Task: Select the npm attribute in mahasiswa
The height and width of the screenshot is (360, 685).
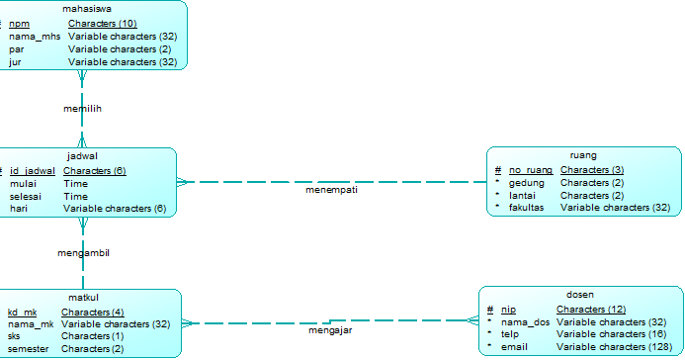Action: click(20, 23)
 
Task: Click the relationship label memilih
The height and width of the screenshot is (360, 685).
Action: click(83, 108)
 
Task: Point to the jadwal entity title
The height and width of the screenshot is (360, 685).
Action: click(82, 156)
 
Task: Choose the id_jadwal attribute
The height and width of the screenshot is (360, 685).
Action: click(32, 170)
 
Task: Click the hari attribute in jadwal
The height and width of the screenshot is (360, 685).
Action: click(18, 209)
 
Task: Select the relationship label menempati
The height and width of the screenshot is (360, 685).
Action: click(331, 189)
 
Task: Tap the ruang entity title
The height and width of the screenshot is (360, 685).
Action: click(583, 155)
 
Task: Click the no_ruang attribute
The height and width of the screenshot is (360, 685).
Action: click(531, 170)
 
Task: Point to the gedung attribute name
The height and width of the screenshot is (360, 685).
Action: click(526, 183)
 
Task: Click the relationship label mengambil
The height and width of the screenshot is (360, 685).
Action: click(83, 252)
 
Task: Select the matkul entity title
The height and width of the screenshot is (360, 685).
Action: click(83, 298)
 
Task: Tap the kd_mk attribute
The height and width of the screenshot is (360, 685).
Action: click(22, 313)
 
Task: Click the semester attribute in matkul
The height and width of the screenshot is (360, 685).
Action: click(28, 349)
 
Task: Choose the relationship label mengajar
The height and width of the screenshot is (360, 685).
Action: click(329, 330)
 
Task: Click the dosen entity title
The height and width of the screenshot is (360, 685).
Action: click(580, 295)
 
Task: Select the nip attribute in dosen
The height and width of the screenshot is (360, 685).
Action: click(508, 310)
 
